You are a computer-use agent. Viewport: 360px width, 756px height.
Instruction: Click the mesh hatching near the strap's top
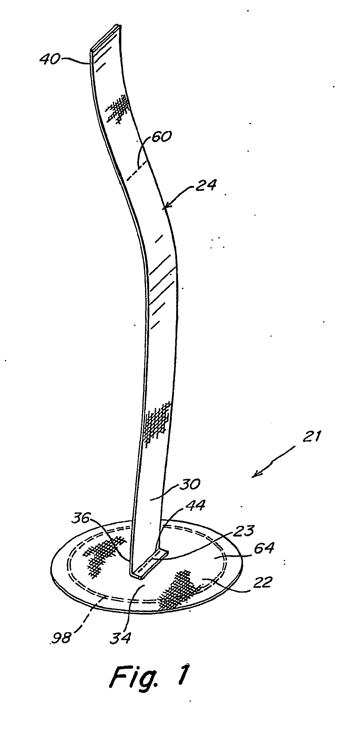118,108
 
